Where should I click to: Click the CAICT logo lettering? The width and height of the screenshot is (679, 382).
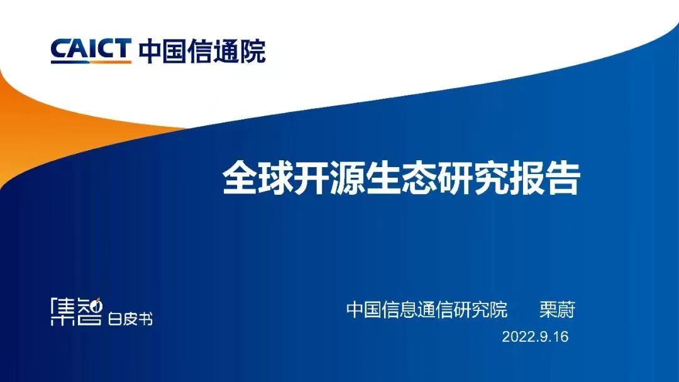[91, 49]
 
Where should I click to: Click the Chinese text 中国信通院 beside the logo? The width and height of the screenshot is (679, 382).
[202, 51]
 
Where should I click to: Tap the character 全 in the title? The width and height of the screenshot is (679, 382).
[240, 178]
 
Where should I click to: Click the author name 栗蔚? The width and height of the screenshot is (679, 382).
[557, 310]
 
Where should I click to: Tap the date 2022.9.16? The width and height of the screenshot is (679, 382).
[535, 337]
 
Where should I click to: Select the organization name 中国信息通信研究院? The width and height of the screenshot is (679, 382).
[426, 310]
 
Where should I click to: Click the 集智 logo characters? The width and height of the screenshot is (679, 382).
[77, 311]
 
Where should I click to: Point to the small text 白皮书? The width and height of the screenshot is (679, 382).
[130, 319]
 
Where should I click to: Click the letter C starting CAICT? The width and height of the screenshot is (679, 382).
[60, 49]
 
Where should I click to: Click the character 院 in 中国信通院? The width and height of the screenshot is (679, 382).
[253, 51]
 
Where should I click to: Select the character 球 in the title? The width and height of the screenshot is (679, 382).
[276, 178]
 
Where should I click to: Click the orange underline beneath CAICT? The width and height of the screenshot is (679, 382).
[91, 62]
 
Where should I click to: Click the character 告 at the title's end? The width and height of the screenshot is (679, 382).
[562, 178]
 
